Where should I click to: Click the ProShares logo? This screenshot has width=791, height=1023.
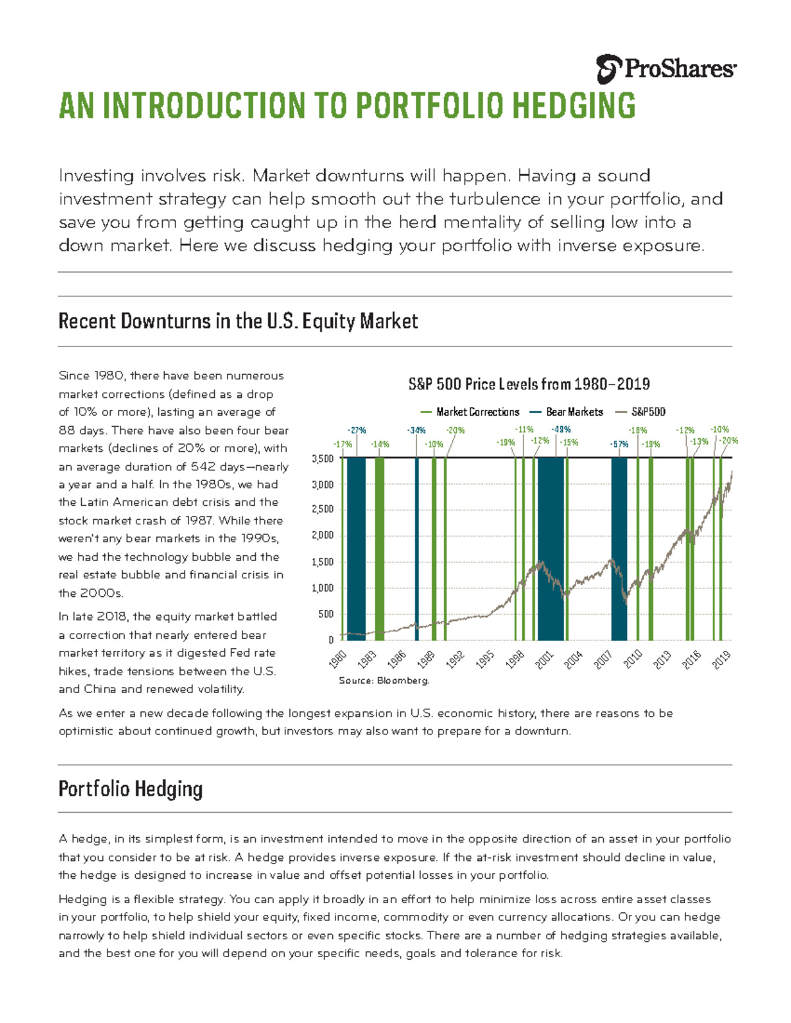click(666, 69)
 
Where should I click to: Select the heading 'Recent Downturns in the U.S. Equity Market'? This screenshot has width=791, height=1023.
click(238, 321)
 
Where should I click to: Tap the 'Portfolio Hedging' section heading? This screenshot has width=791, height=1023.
click(131, 788)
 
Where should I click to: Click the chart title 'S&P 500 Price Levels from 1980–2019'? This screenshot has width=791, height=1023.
click(529, 384)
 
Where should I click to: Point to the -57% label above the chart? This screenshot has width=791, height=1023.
click(619, 444)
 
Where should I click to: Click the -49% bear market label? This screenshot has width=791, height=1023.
click(561, 430)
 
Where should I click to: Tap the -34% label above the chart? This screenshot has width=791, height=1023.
click(416, 431)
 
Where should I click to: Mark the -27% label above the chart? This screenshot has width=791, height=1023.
click(357, 431)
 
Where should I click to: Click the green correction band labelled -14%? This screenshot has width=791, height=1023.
click(380, 547)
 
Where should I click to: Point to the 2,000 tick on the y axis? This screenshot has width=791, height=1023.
click(322, 536)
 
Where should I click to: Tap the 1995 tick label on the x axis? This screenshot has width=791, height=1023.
click(485, 659)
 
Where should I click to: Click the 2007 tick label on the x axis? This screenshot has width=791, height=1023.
click(603, 659)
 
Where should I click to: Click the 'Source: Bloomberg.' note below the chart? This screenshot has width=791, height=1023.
click(384, 680)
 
